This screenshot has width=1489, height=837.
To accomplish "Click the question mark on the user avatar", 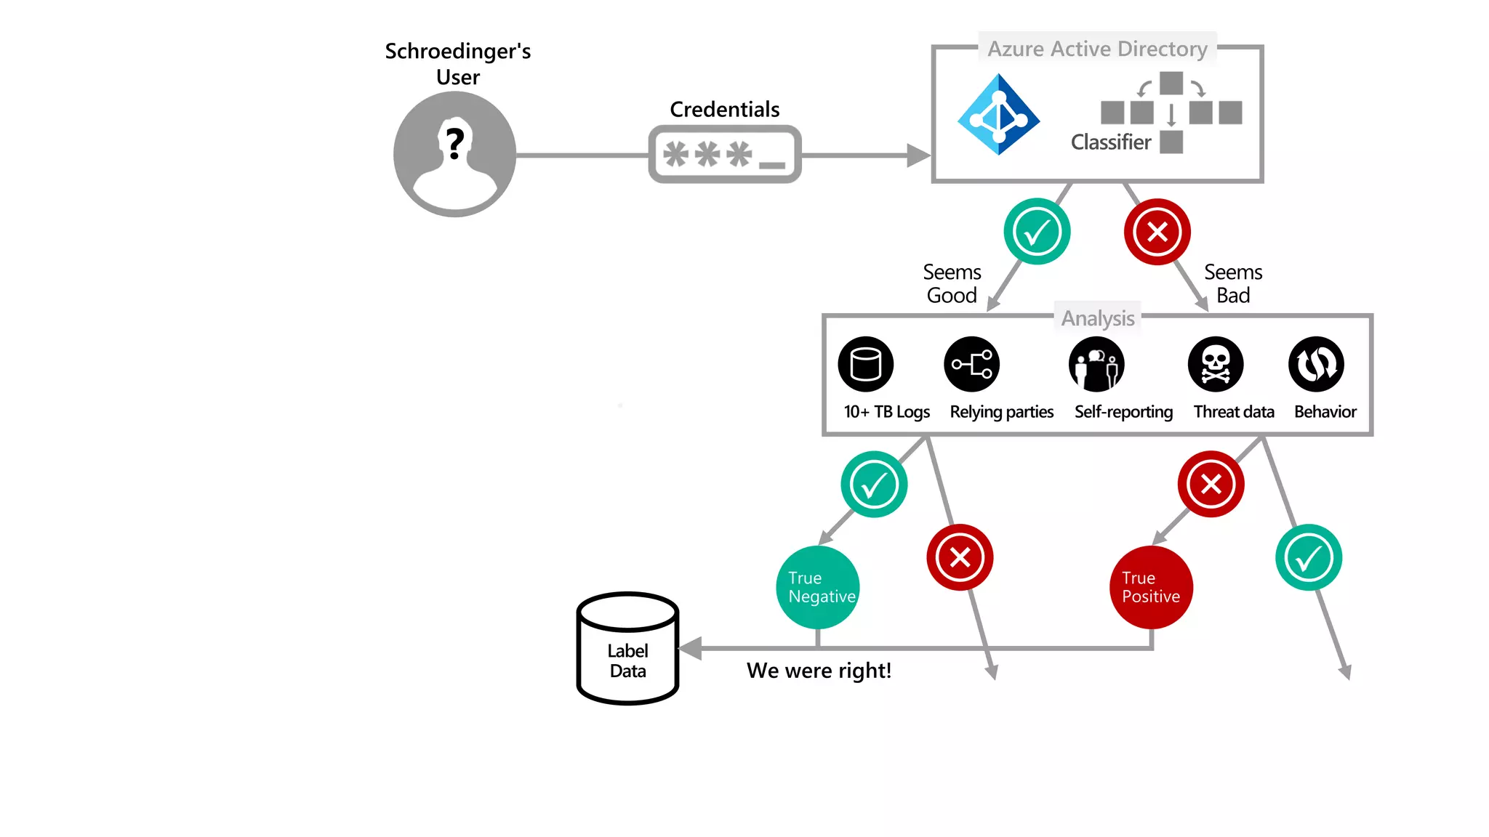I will [x=455, y=143].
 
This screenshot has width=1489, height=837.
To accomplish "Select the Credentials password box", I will [x=725, y=154].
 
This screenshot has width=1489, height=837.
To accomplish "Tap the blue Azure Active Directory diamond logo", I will [x=998, y=115].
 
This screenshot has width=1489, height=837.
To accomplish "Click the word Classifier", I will [x=1110, y=142].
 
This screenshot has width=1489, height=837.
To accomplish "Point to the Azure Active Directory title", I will [x=1096, y=49].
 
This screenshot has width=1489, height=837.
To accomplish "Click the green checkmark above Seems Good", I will [x=1037, y=232].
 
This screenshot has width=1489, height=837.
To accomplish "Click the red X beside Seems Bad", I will [x=1157, y=232].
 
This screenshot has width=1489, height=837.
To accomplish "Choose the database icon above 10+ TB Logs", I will [x=865, y=364].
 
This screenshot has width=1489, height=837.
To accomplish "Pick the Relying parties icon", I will [x=971, y=364].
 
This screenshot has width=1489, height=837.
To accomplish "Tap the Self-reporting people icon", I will [x=1096, y=364].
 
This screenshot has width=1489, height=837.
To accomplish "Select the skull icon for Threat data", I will [x=1215, y=364].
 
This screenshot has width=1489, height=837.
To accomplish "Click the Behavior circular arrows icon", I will [x=1316, y=364].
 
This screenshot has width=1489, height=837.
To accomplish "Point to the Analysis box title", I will [x=1097, y=318].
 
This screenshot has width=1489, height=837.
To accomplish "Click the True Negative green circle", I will [x=818, y=587].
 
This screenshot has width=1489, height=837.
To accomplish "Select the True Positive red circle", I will [x=1151, y=587].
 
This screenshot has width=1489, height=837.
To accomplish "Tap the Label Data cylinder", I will [x=627, y=649].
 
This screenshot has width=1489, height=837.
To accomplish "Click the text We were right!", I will [x=819, y=670].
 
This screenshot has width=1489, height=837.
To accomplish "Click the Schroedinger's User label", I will [x=458, y=64].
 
